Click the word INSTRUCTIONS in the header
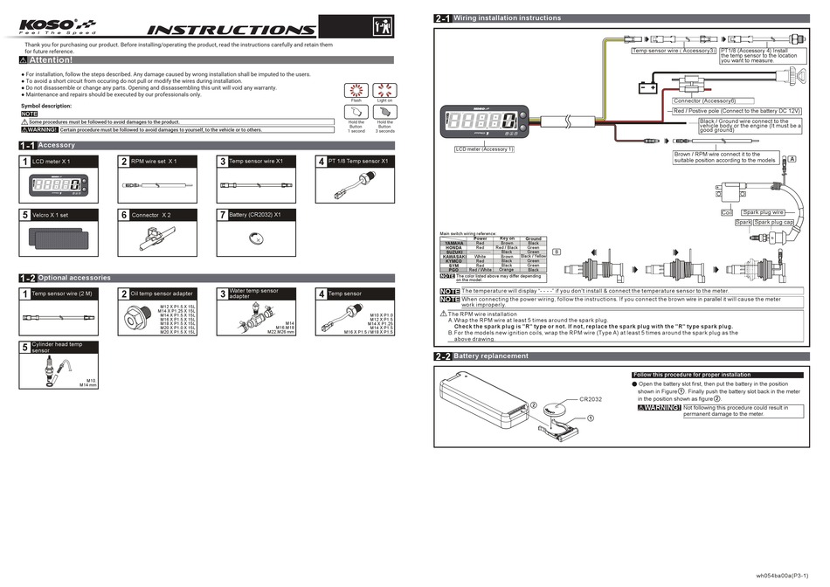(225, 30)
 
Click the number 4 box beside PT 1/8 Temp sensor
(322, 162)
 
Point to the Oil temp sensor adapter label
(163, 294)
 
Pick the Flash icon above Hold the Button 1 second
(356, 91)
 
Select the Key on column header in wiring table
(507, 238)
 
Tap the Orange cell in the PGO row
(507, 270)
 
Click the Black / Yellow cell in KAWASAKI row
(534, 257)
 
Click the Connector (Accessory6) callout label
(704, 101)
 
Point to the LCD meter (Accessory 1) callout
(484, 149)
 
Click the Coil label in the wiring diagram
(726, 212)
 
